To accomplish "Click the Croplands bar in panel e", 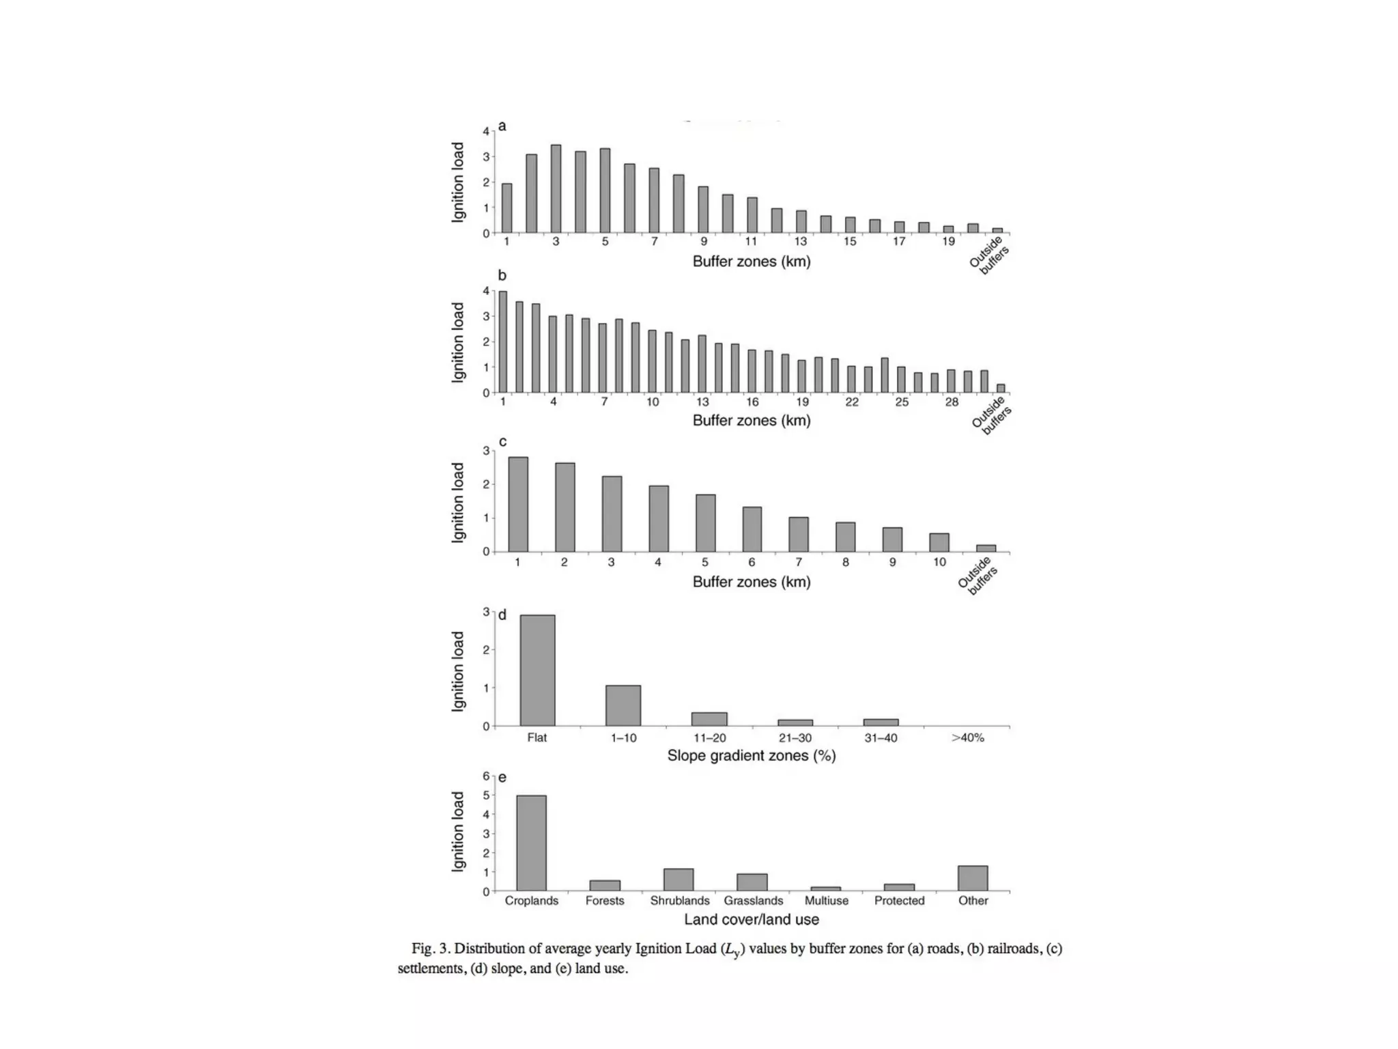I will pos(531,843).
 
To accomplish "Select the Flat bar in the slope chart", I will pos(537,670).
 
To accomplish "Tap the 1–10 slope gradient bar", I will pos(623,705).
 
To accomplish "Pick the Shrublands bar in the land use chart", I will pos(679,880).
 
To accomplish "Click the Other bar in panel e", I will pos(973,878).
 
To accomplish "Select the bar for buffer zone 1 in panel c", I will pos(518,504).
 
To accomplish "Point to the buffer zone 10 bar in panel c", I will pos(939,542).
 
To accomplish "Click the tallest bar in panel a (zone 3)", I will pos(556,189).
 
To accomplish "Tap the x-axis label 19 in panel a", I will pos(948,242).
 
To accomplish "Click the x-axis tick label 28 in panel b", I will pos(952,402).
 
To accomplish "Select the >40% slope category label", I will pos(967,738).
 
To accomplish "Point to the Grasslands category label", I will pos(753,901).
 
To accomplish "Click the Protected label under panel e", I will pos(899,901).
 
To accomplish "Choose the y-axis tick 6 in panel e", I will pos(486,777).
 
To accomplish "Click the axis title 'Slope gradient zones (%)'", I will pos(751,756).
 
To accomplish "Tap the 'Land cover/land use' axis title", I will pos(751,920).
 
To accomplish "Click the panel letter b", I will pos(502,276).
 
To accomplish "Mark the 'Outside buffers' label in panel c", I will pos(978,576).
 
